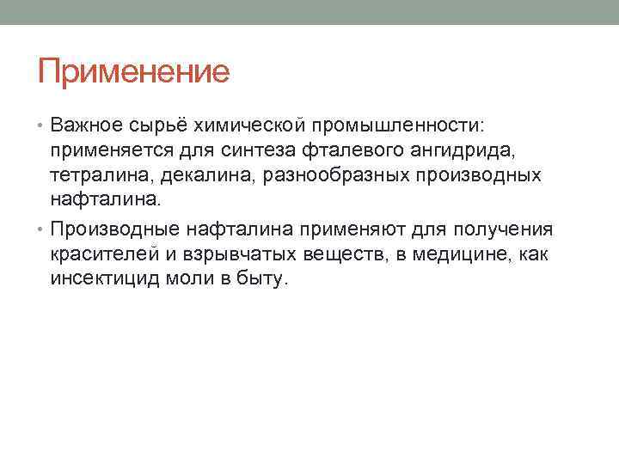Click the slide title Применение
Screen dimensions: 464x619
point(133,70)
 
